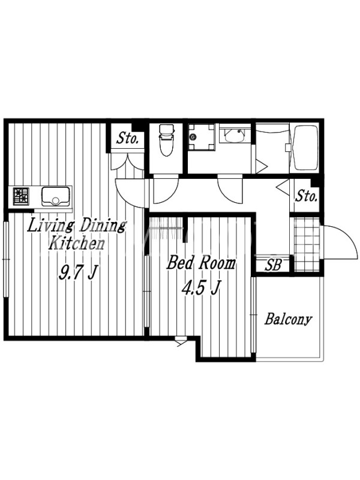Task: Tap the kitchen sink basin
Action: (x=55, y=196)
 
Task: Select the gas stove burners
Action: (x=21, y=196)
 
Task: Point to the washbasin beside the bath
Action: (x=235, y=135)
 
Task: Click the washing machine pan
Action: (x=201, y=137)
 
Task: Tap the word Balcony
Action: (x=288, y=319)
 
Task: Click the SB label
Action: (x=273, y=265)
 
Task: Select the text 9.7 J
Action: (x=79, y=272)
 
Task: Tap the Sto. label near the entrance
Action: (x=306, y=196)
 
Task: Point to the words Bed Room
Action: (x=201, y=263)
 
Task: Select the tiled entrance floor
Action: (x=307, y=244)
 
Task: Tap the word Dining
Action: (x=103, y=226)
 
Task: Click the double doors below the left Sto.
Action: (x=127, y=161)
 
